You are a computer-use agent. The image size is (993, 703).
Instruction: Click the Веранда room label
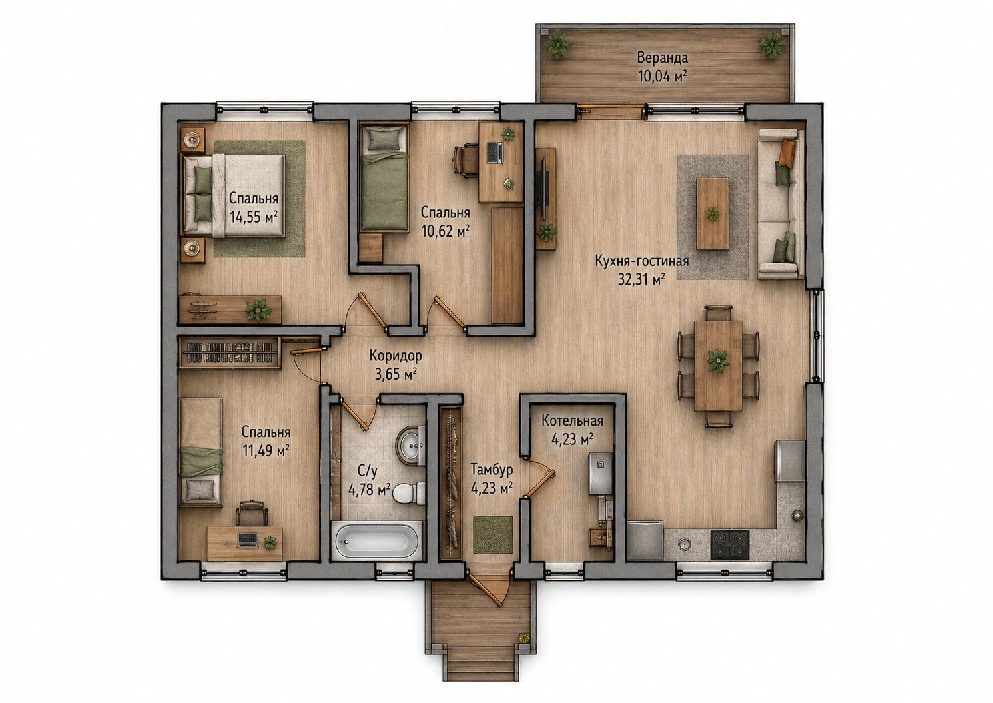point(662,58)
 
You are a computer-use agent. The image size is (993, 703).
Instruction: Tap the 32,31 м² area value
point(641,279)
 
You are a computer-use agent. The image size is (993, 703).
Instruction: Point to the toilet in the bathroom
point(408,492)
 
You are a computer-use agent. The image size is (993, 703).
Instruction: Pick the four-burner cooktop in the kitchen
point(729,545)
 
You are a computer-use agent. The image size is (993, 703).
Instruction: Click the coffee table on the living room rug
point(713,213)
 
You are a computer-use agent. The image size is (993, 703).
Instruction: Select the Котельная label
point(572,420)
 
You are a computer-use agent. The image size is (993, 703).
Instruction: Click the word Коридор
point(396,355)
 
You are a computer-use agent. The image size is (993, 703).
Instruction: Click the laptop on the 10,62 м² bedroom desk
point(495,152)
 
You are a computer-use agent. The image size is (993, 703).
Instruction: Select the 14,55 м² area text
point(254,217)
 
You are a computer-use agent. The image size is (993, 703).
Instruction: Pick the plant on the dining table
point(717,360)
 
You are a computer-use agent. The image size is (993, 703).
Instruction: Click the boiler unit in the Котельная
point(600,473)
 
